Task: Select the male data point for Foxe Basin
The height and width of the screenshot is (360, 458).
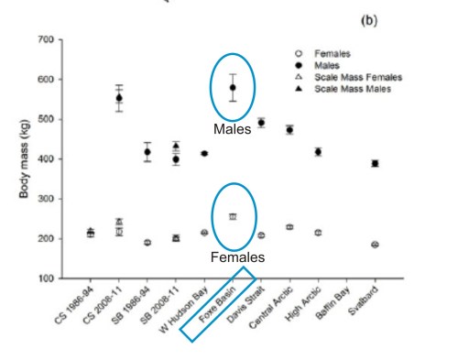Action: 233,88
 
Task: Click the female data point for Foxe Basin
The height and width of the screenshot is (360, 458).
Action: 233,216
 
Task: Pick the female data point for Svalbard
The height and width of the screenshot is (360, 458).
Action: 375,245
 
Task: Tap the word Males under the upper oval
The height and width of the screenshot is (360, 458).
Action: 233,130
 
